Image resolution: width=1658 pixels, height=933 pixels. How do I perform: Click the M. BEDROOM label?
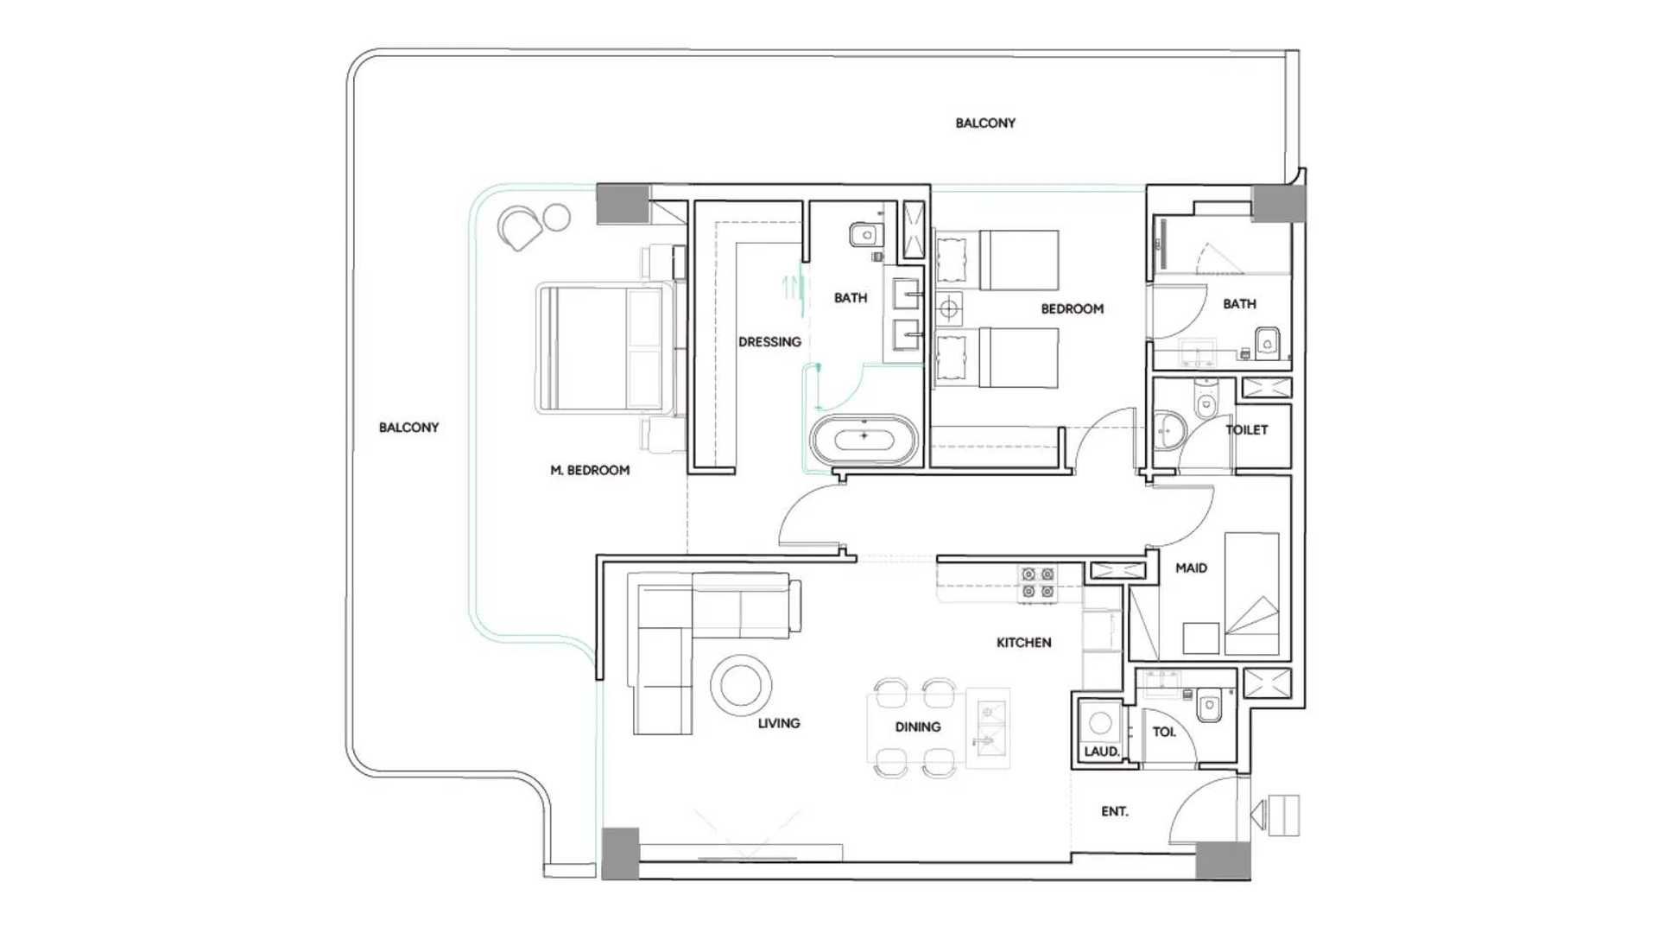590,470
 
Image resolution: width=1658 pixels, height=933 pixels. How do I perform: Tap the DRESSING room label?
769,342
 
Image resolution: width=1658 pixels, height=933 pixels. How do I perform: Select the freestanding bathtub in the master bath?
864,439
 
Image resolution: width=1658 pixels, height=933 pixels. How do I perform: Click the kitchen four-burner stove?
1037,583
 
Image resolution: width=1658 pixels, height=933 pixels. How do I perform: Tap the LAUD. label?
1102,752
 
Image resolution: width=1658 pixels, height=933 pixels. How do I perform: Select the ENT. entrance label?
1114,811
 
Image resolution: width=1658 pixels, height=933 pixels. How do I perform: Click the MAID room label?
1191,568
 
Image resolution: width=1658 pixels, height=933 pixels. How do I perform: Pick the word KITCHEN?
1024,643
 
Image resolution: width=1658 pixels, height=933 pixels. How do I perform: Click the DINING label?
918,727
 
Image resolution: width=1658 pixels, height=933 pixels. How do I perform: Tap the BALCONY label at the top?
985,123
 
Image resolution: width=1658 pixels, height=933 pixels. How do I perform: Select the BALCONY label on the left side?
408,427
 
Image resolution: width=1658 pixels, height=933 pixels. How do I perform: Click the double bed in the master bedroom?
604,347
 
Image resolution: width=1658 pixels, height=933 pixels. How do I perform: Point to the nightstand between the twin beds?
949,308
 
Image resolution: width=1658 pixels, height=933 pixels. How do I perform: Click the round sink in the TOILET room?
1169,430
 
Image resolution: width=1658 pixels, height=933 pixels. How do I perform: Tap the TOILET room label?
1247,429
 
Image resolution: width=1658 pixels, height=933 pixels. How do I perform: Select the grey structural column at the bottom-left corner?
620,854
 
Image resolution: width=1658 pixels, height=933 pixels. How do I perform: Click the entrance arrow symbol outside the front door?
1275,815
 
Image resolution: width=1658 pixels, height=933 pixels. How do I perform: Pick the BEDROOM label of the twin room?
1072,308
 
